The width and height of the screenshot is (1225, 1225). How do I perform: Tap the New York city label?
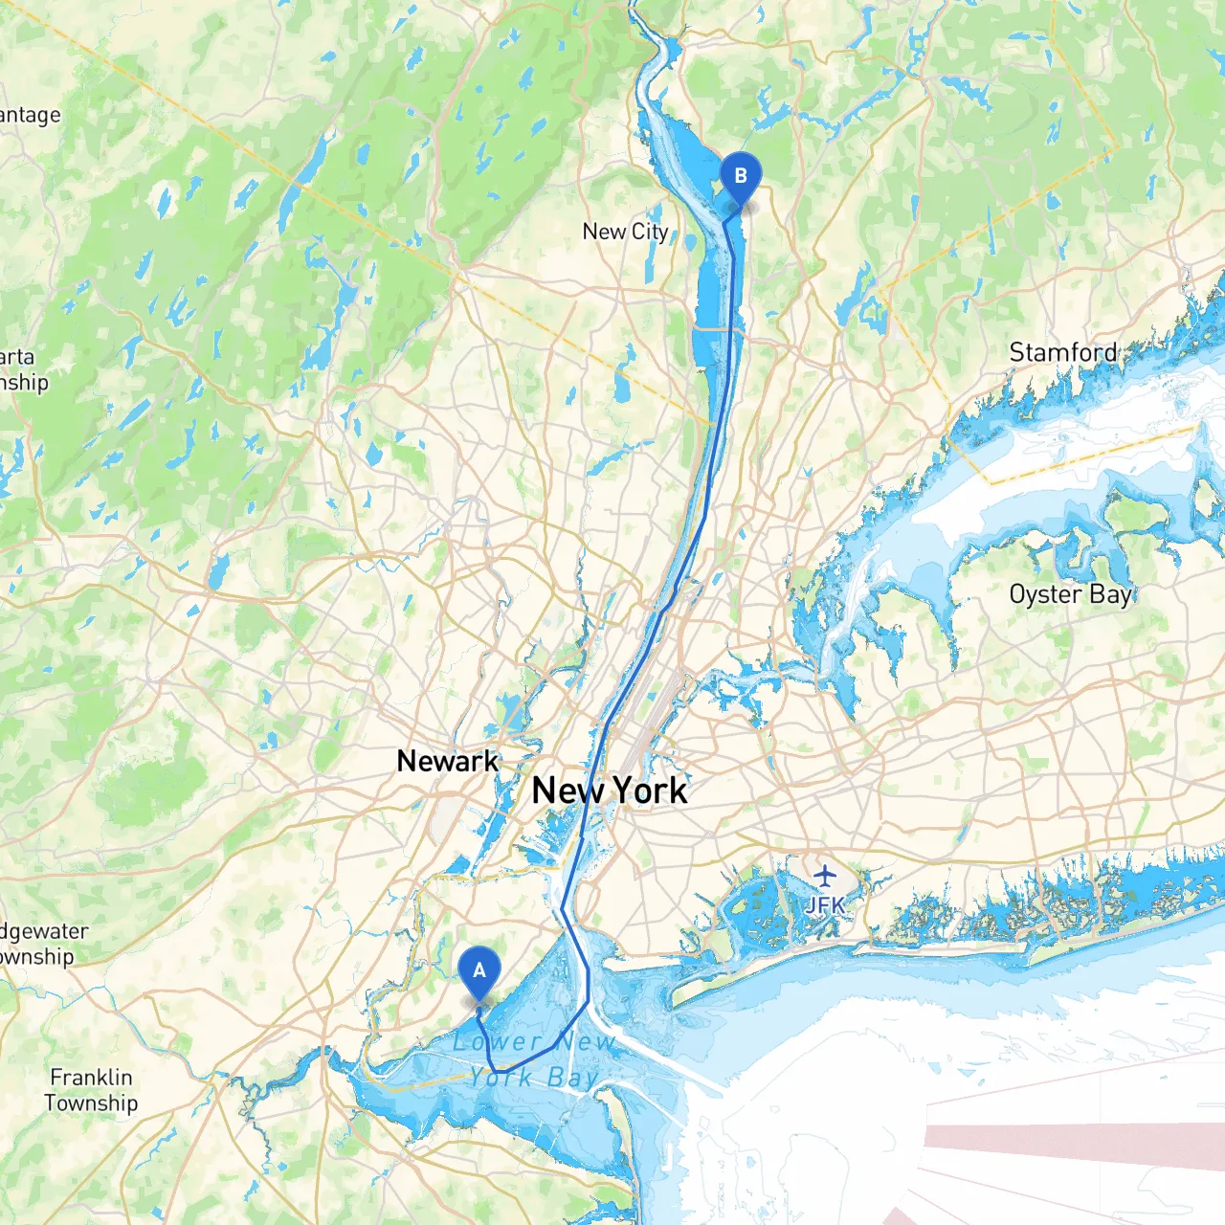click(610, 791)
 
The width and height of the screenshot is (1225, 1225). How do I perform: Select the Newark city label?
click(447, 762)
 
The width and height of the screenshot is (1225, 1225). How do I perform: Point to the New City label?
click(625, 232)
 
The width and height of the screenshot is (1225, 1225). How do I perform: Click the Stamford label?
click(1062, 353)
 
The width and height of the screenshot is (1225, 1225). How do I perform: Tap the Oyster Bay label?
click(1070, 594)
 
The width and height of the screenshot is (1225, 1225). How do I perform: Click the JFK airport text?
click(824, 903)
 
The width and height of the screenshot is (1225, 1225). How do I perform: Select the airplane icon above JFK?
click(824, 875)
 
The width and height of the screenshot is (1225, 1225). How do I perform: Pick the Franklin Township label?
click(92, 1090)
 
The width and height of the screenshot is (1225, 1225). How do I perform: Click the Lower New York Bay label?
click(534, 1059)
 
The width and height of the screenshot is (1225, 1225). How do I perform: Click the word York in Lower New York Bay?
click(500, 1078)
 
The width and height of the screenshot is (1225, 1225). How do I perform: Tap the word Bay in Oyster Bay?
click(1110, 594)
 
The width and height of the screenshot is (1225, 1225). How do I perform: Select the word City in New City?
click(650, 232)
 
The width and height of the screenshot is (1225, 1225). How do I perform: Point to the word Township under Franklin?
click(92, 1103)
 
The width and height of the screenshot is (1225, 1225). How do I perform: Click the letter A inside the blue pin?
click(479, 970)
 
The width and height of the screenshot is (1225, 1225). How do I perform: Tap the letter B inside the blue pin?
click(740, 176)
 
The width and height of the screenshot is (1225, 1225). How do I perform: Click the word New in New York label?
click(568, 791)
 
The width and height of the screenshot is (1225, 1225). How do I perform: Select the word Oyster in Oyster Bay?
click(1046, 594)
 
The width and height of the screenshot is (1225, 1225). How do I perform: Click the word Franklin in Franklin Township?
click(92, 1078)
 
